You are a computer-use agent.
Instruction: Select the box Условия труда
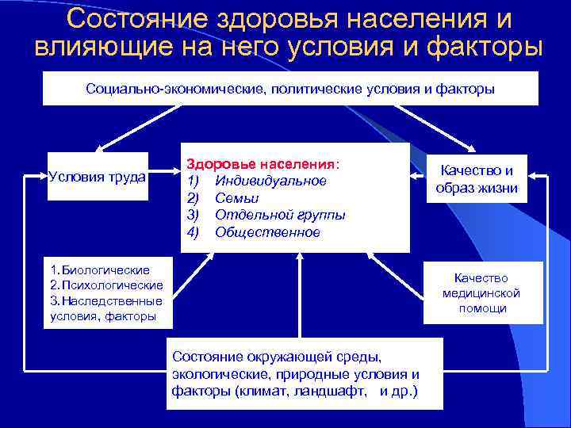pyautogui.click(x=97, y=176)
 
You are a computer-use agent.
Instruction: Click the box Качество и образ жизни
pyautogui.click(x=477, y=180)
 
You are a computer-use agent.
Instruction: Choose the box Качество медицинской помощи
pyautogui.click(x=482, y=292)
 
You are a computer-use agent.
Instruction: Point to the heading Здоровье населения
pyautogui.click(x=263, y=164)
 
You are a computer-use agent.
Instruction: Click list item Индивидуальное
pyautogui.click(x=270, y=181)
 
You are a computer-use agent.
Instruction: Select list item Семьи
pyautogui.click(x=236, y=198)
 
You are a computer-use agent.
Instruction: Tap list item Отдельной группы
pyautogui.click(x=280, y=215)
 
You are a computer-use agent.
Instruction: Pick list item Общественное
pyautogui.click(x=267, y=232)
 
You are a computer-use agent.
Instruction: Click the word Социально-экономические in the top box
pyautogui.click(x=175, y=89)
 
